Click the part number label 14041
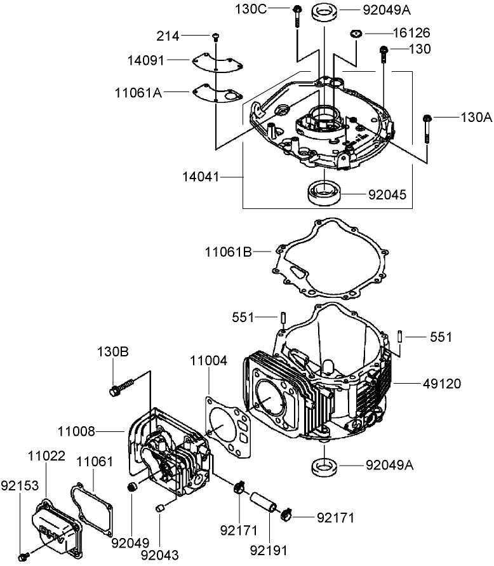tap(198, 178)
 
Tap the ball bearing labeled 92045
tap(324, 193)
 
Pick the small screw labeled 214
tap(216, 36)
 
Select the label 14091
tap(145, 60)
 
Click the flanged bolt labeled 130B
tap(122, 387)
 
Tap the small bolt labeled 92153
tap(23, 557)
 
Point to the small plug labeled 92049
tap(132, 488)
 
